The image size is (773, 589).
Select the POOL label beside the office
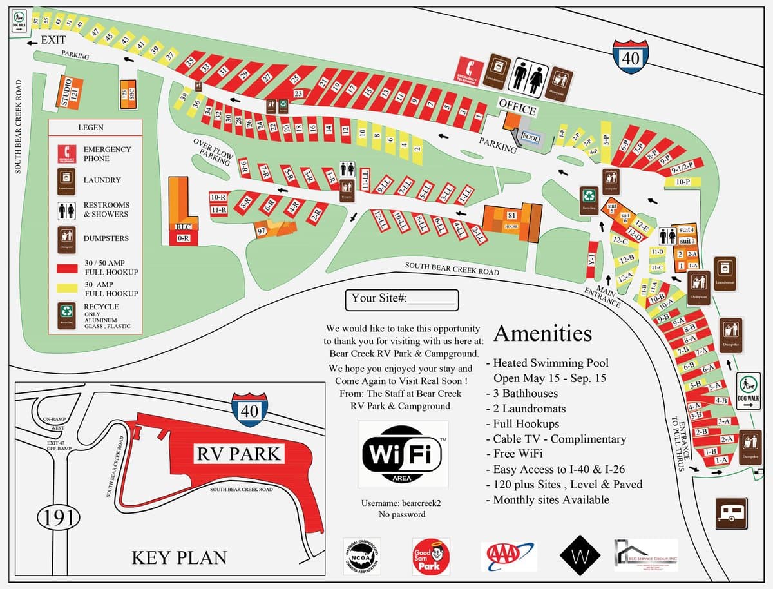coord(530,138)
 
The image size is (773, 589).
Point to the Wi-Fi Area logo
coord(403,454)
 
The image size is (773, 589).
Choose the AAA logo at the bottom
coord(509,557)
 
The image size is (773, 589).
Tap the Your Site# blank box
coord(402,299)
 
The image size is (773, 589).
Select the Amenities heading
coord(542,334)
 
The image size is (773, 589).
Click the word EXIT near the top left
coord(53,40)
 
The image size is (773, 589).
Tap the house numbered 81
coord(511,220)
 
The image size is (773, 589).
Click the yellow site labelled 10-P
coord(683,182)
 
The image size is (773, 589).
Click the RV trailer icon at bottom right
coord(732,513)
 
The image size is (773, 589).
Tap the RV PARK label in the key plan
coord(239,454)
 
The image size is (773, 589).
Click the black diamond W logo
coord(580,555)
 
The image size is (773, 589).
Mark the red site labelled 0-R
coord(183,238)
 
